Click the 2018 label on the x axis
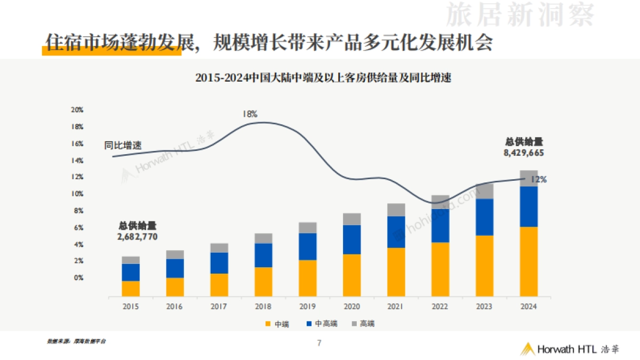point(263,307)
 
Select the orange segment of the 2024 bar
point(529,261)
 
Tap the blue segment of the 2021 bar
point(396,232)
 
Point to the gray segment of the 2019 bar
point(308,228)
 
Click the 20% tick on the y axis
point(77,110)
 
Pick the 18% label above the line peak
point(250,114)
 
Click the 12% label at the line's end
point(538,180)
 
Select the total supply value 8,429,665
point(524,153)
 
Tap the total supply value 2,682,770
point(137,236)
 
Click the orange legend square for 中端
point(268,323)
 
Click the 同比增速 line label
point(123,145)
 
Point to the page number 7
point(319,343)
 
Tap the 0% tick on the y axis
point(78,278)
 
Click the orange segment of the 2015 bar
point(131,289)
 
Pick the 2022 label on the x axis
point(440,307)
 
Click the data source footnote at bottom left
point(76,341)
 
